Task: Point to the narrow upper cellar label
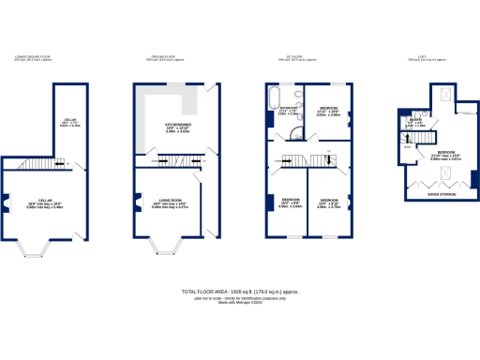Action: point(69,122)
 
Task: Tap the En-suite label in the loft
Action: point(413,122)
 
